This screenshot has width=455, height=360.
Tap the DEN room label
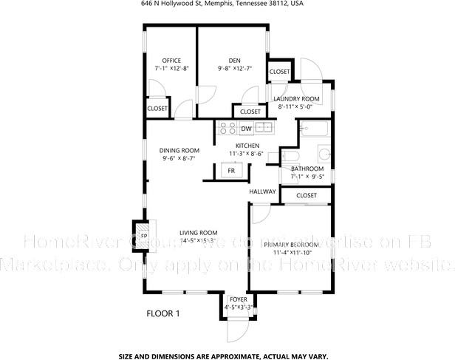coord(234,61)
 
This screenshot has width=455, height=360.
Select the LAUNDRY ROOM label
coord(296,98)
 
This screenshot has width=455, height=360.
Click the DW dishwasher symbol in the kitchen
coord(246,129)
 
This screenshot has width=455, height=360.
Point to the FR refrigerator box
coord(231,170)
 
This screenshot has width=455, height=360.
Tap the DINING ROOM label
coord(179,150)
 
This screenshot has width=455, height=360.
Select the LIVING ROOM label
coord(198,233)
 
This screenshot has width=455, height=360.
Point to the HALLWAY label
coord(262,191)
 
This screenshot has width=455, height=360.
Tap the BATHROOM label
coord(307,169)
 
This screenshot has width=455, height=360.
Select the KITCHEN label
coord(246,146)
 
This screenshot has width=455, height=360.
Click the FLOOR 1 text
coord(163,313)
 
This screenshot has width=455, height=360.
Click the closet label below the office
coord(157,109)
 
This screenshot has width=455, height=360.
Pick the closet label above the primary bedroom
coord(307,195)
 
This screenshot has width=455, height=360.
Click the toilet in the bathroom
coord(290,158)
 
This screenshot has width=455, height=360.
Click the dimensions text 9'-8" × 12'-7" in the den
coord(235,69)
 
